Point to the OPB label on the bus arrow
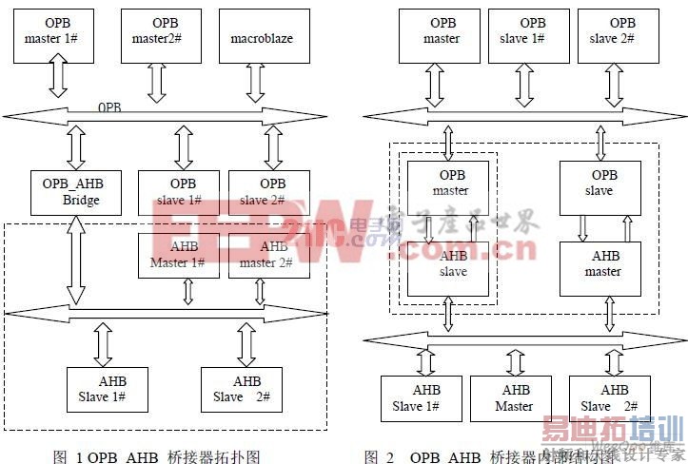[108, 108]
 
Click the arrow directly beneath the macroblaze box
[255, 84]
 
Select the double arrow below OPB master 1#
[58, 80]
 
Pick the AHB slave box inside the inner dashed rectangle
[448, 268]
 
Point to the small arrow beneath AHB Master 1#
[187, 291]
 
